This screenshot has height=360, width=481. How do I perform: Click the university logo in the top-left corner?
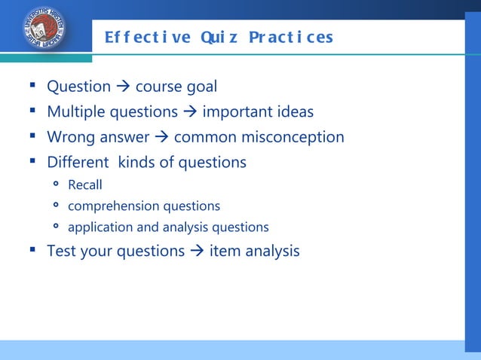[x=44, y=29]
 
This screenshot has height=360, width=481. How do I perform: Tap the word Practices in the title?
[x=297, y=37]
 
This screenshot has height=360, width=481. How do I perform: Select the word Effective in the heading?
[x=148, y=37]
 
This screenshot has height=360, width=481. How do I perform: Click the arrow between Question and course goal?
[x=123, y=87]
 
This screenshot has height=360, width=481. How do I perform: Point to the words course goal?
[x=176, y=87]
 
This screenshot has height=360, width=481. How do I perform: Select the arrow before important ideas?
[x=190, y=112]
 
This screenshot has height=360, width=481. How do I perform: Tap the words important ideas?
[x=258, y=112]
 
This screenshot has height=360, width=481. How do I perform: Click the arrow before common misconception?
[x=161, y=137]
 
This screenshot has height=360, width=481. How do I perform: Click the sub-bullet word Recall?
[x=84, y=185]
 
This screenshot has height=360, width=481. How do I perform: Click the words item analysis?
[x=254, y=251]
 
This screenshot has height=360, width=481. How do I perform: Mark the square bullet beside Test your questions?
[x=34, y=250]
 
